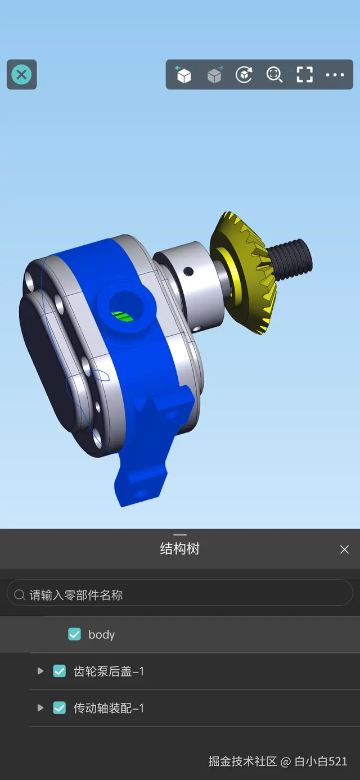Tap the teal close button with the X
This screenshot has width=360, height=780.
21,75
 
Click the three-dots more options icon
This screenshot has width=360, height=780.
335,75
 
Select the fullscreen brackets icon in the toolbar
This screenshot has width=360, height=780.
305,75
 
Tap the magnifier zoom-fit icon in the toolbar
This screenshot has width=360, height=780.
274,75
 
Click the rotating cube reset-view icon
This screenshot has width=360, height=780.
244,75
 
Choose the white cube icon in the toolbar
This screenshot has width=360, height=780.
183,75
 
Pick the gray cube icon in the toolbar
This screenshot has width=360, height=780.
215,75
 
